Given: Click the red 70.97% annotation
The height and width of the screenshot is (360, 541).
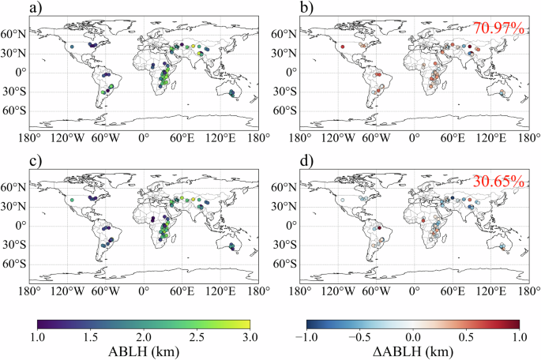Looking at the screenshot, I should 498,29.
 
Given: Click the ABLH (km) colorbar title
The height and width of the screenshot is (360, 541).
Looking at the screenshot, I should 144,351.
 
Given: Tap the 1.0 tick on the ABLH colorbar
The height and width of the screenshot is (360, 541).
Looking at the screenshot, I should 38,336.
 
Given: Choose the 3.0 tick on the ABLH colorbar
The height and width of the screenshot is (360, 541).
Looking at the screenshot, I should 250,336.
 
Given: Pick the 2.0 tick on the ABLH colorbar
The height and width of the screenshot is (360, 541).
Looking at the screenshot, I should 144,336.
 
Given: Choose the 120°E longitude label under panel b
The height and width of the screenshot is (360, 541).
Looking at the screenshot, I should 491,138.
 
